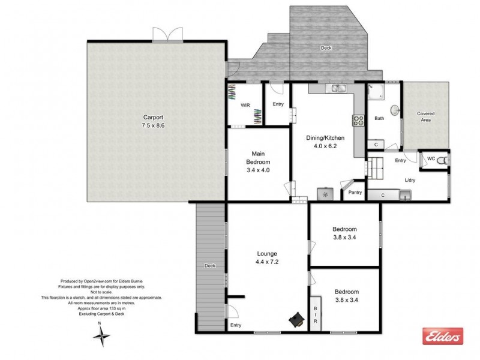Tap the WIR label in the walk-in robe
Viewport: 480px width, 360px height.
click(245, 105)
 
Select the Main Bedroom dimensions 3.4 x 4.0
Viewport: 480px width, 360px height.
click(259, 170)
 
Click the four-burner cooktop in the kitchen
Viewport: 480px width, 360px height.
click(359, 120)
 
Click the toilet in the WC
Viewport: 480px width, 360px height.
click(441, 160)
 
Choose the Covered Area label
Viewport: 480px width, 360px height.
click(426, 116)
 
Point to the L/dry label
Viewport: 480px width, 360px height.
click(411, 179)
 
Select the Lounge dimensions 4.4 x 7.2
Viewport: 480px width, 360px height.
click(268, 262)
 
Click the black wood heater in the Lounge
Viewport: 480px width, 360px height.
click(296, 320)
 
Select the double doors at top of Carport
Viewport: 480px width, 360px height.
click(165, 35)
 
